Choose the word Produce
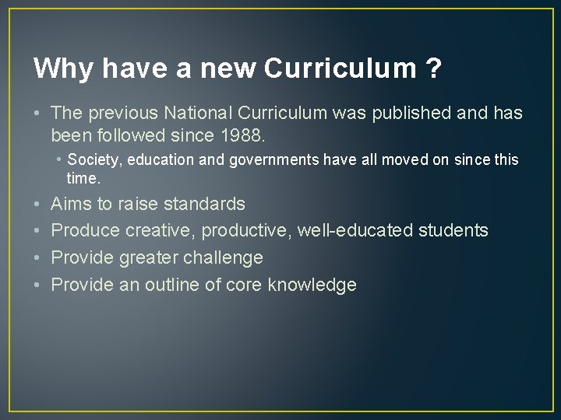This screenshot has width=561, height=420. (85, 231)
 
